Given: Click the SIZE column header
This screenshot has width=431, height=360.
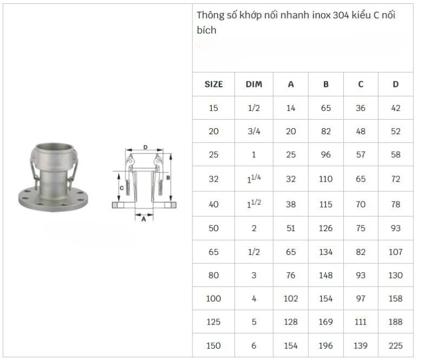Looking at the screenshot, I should click(213, 84).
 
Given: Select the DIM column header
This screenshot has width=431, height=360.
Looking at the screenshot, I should click(254, 84).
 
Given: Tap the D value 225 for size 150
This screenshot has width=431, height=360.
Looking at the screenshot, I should click(395, 346).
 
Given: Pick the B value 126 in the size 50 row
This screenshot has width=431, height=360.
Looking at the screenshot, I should click(326, 228).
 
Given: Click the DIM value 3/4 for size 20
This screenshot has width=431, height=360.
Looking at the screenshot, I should click(254, 131).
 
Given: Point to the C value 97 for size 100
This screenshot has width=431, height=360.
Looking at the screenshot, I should click(360, 299).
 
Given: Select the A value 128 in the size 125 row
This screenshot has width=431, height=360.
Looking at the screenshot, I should click(291, 322).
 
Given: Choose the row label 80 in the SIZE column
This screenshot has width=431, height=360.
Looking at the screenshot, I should click(213, 275).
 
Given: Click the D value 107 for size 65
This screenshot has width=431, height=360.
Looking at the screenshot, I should click(395, 252).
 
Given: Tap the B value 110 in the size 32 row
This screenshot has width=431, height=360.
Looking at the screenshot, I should click(326, 179).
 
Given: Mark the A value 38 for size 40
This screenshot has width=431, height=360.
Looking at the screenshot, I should click(291, 204).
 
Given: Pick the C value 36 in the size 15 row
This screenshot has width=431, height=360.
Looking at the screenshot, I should click(360, 108).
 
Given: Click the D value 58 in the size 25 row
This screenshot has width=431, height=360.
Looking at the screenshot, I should click(395, 155).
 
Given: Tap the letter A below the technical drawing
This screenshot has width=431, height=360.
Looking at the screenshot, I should click(143, 219).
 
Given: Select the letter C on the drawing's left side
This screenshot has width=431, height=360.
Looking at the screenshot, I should click(122, 188).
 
